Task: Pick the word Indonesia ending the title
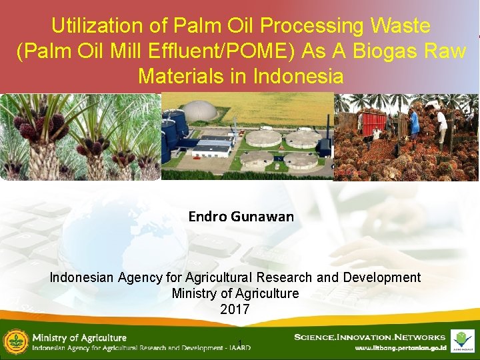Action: click(298, 76)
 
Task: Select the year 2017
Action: click(235, 309)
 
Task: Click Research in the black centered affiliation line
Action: click(281, 277)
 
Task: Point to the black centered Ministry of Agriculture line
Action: click(235, 293)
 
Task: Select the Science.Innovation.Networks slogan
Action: click(369, 337)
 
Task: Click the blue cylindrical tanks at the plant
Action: click(173, 130)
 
